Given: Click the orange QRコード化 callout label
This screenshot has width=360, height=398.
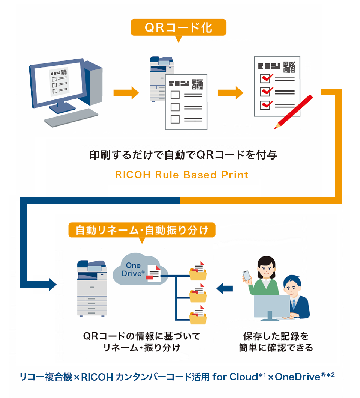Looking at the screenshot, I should (178, 27).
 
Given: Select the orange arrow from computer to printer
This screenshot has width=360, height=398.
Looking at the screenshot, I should (126, 93).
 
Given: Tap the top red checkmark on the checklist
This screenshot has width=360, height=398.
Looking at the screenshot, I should (266, 78).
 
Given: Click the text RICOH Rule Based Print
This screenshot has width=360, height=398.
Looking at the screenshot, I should (182, 175).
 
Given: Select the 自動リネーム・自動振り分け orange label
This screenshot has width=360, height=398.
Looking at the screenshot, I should (142, 230).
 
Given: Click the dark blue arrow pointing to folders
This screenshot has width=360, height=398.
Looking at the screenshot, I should (225, 289).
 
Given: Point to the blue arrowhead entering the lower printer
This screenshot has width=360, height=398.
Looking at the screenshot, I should (51, 284).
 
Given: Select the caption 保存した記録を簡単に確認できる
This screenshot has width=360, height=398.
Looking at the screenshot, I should (276, 341).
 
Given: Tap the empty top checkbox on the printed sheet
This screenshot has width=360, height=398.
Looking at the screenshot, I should (175, 94).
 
